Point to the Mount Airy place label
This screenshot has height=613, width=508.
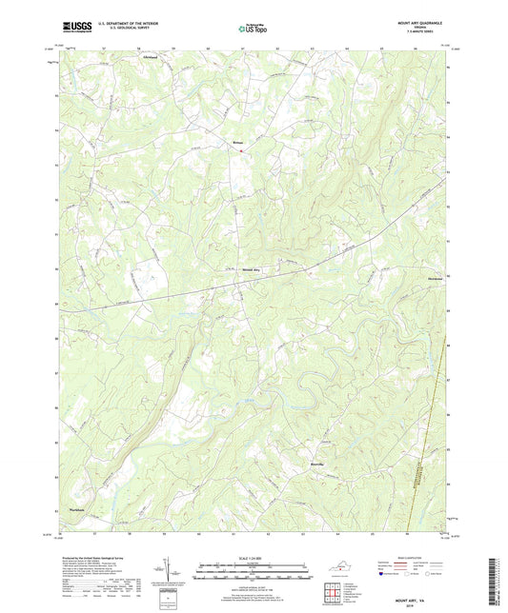pyautogui.click(x=260, y=269)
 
